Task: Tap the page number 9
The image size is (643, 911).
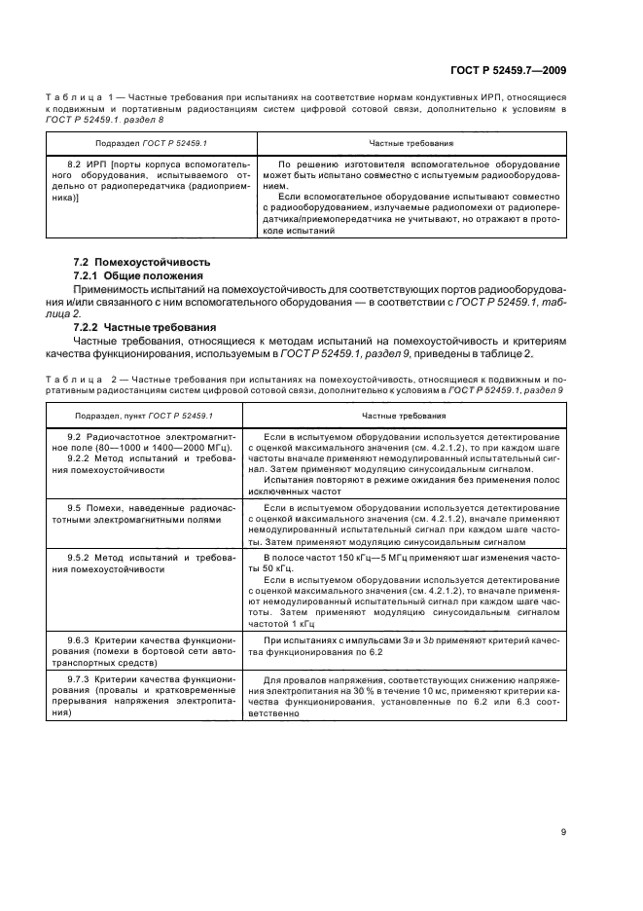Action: pyautogui.click(x=564, y=832)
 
